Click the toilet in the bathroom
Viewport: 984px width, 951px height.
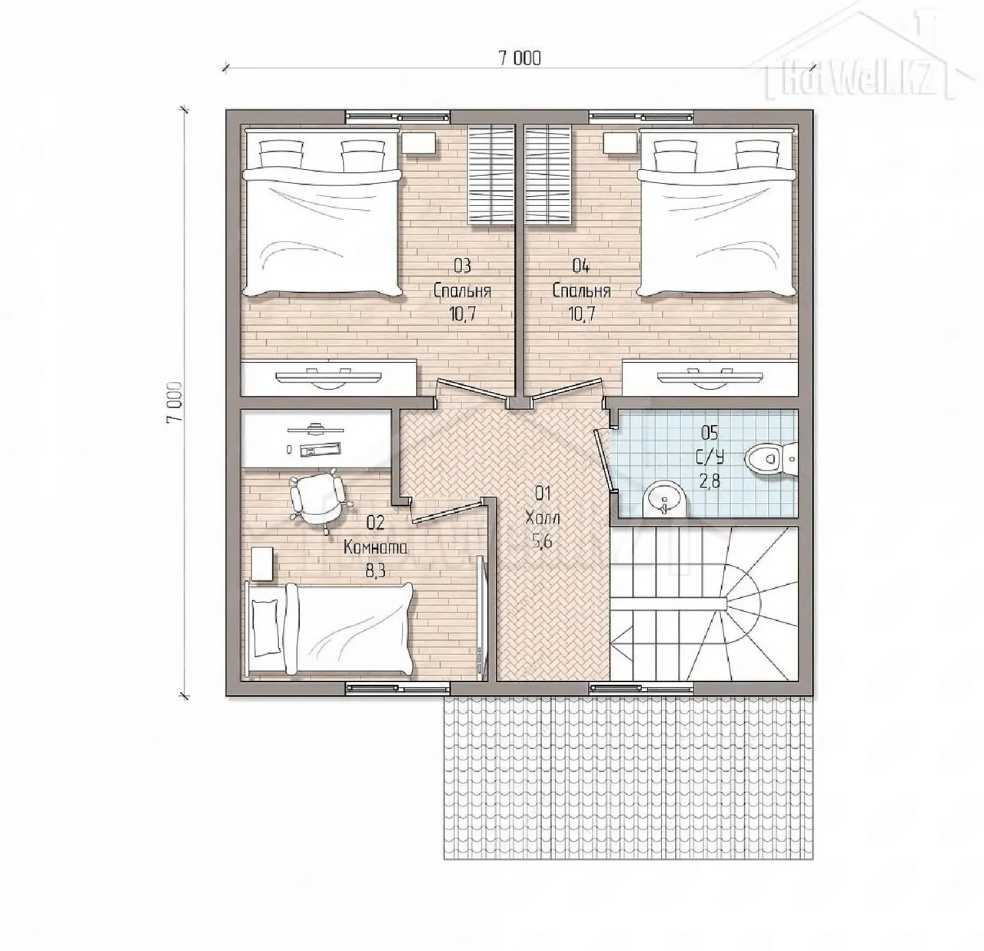pos(771,458)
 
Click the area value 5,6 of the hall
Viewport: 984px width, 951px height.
pos(541,541)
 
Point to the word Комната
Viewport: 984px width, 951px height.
pos(374,548)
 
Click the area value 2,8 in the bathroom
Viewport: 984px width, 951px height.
pos(710,481)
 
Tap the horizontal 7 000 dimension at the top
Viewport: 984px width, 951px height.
pos(520,58)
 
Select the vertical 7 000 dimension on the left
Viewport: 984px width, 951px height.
pos(175,402)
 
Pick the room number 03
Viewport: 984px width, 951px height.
pos(462,266)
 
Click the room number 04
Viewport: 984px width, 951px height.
pos(581,266)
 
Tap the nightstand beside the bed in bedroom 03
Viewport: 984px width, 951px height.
pos(419,142)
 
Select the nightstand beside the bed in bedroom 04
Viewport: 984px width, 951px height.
pos(620,142)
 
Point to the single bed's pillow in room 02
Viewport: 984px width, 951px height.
pos(266,628)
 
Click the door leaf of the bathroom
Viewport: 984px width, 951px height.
pos(604,461)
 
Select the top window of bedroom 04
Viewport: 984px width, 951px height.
pos(641,116)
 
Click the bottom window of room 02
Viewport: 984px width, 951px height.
pos(397,687)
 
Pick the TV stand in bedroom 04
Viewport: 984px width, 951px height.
pos(710,377)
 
